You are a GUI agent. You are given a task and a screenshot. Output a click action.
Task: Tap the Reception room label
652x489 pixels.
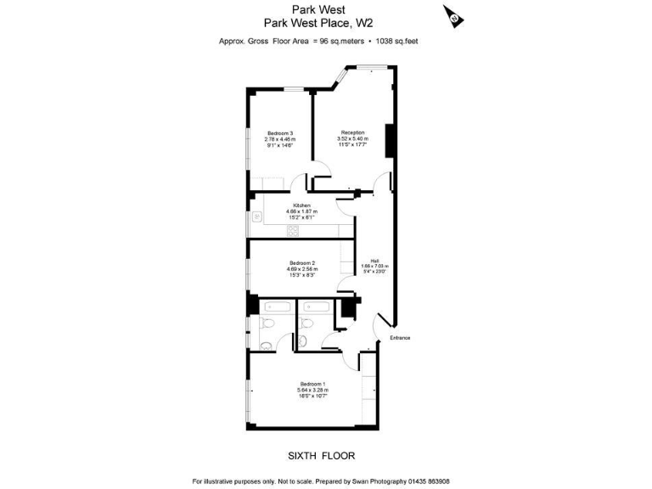[353, 132]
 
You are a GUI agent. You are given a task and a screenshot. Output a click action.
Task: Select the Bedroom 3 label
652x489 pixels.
[280, 133]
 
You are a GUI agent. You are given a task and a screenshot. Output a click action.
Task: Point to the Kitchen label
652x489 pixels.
[301, 206]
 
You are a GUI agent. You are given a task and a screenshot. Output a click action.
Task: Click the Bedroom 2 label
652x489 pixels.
[302, 263]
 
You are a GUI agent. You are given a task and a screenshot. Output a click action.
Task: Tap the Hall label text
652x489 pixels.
[374, 261]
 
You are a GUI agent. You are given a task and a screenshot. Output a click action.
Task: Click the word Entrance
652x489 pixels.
[400, 338]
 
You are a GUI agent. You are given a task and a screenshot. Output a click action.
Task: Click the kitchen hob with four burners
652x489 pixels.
[293, 229]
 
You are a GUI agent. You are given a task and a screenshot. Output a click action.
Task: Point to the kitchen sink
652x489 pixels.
[256, 217]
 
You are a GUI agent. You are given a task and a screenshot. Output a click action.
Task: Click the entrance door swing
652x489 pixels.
[383, 325]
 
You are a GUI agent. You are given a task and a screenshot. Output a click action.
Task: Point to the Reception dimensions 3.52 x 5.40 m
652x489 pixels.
[353, 138]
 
